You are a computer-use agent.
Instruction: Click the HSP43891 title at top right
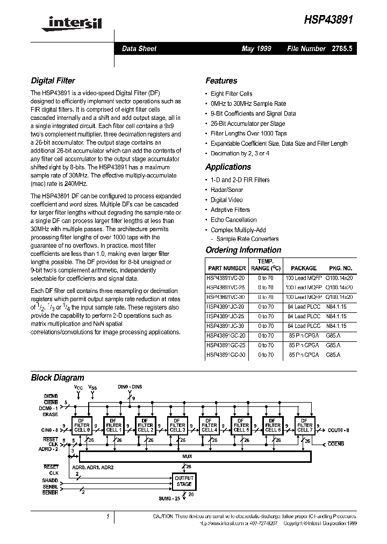(x=329, y=18)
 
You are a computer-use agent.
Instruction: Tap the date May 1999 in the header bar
(x=256, y=48)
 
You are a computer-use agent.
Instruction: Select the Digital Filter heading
(x=53, y=81)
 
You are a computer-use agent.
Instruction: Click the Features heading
(x=221, y=81)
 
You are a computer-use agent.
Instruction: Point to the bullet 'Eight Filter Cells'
(x=231, y=94)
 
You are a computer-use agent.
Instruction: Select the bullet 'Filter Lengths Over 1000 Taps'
(x=248, y=133)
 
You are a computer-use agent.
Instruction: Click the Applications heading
(x=228, y=167)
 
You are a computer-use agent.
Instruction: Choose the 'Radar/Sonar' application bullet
(x=226, y=190)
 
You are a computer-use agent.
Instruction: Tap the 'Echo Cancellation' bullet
(x=233, y=220)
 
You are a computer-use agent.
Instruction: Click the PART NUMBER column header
(x=226, y=268)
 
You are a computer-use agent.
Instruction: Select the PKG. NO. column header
(x=340, y=268)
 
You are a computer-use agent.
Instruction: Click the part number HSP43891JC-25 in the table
(x=226, y=317)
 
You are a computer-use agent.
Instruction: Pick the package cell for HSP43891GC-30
(x=303, y=355)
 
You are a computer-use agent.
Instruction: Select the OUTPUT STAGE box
(x=184, y=481)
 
